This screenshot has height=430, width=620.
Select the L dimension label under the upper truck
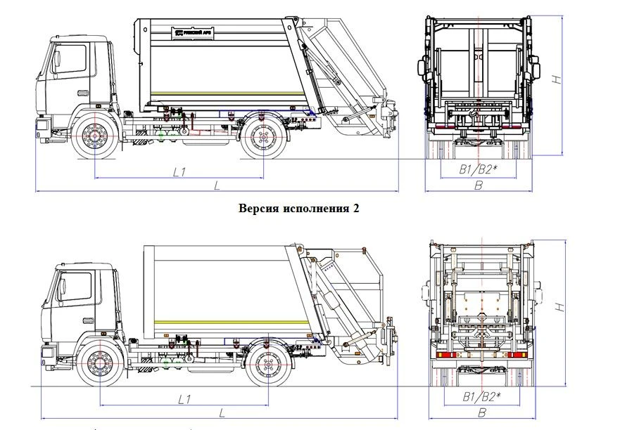click(x=217, y=184)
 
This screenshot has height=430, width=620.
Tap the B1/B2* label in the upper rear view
click(x=479, y=169)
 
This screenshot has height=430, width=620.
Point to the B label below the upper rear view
click(x=479, y=185)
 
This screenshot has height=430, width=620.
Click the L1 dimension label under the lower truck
click(x=184, y=399)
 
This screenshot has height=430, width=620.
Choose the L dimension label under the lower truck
click(x=222, y=412)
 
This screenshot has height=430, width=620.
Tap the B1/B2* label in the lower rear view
click(x=482, y=397)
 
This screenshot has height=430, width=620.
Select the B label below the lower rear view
click(x=482, y=413)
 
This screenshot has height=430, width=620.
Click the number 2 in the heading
click(x=356, y=209)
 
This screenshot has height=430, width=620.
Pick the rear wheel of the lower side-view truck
click(x=269, y=364)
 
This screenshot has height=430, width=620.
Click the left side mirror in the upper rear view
click(x=423, y=68)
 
